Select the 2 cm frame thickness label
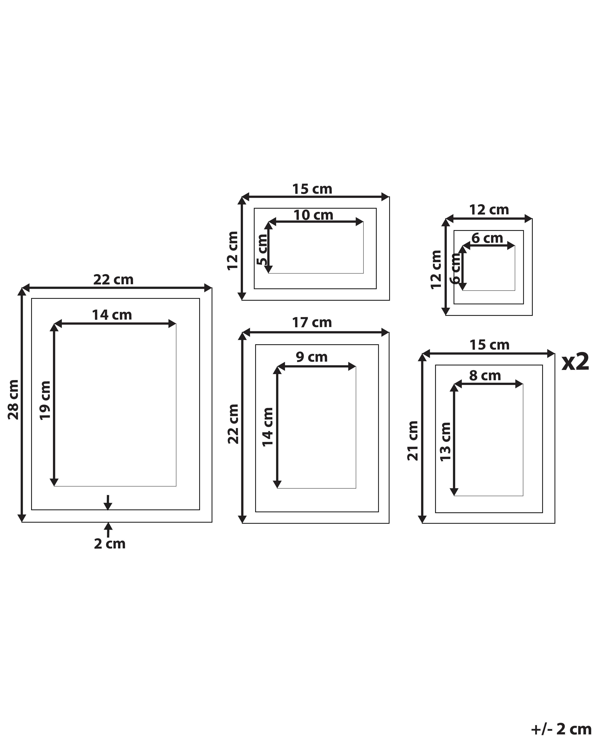(110, 544)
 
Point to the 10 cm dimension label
(313, 215)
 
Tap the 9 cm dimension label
(312, 357)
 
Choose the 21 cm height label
(413, 441)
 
